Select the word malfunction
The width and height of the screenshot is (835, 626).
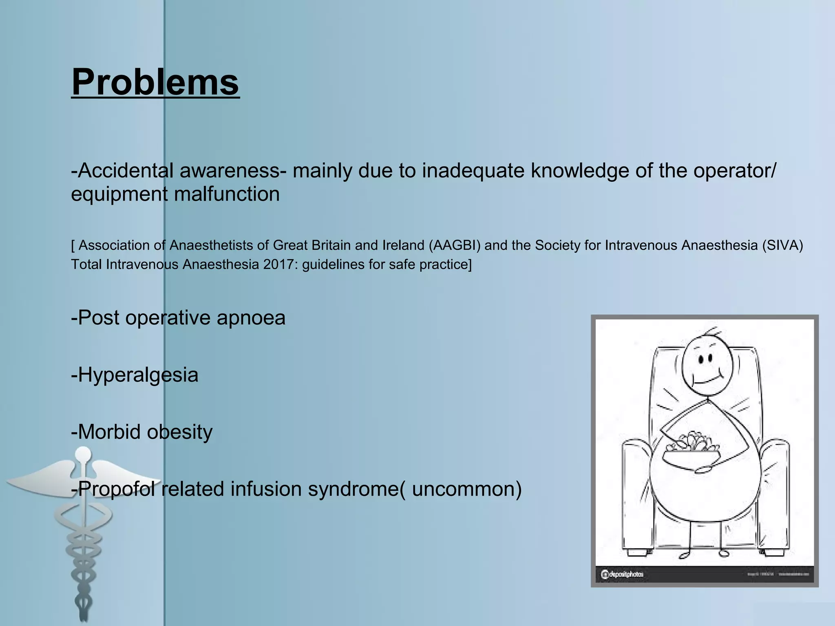(x=227, y=194)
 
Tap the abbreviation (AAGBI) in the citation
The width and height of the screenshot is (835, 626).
(x=455, y=245)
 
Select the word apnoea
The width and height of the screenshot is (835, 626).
(x=251, y=318)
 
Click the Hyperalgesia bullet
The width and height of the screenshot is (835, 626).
(x=135, y=375)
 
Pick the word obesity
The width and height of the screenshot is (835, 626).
(x=179, y=432)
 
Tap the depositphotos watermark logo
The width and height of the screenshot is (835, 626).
(x=622, y=574)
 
